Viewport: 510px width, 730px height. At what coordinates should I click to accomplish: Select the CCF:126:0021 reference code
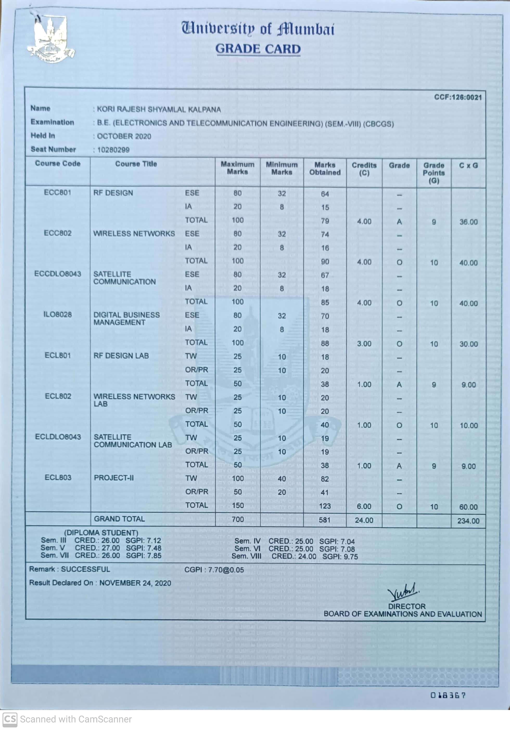tap(458, 97)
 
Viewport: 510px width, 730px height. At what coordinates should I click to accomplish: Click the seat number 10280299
tap(113, 150)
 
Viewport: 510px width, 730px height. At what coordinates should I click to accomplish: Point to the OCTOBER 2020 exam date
tap(124, 136)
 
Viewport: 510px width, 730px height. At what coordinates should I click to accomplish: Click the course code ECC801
tap(58, 193)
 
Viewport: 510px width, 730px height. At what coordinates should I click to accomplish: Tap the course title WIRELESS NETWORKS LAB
tap(134, 400)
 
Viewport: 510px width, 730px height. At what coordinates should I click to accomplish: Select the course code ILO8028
tap(58, 314)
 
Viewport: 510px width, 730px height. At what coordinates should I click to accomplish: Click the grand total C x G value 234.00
tap(468, 521)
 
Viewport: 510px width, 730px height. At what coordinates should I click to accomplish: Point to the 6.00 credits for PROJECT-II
tap(364, 507)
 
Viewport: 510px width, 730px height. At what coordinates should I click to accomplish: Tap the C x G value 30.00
tap(468, 344)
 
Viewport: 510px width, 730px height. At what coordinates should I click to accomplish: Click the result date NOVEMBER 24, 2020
tap(135, 583)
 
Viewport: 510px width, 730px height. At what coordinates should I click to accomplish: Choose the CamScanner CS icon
tap(10, 719)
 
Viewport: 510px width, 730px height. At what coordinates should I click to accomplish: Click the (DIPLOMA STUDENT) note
tap(101, 532)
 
